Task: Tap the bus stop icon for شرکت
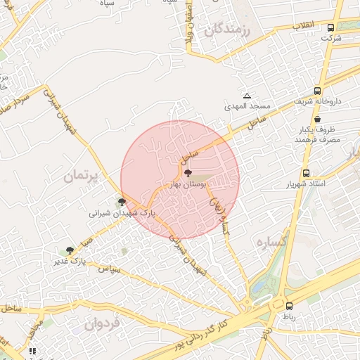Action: point(330,28)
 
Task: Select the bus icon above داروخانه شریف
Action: point(318,91)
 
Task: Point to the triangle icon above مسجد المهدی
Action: point(247,96)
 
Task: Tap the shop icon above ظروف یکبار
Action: point(319,120)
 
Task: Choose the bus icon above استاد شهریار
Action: point(306,173)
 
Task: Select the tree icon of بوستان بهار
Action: point(188,172)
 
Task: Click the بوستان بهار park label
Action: point(188,184)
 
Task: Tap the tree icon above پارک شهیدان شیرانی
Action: point(122,202)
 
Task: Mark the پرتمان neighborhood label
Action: point(83,175)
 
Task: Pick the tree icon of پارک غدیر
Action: point(70,250)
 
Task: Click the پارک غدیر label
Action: point(69,261)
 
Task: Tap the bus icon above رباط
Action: point(290,306)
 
